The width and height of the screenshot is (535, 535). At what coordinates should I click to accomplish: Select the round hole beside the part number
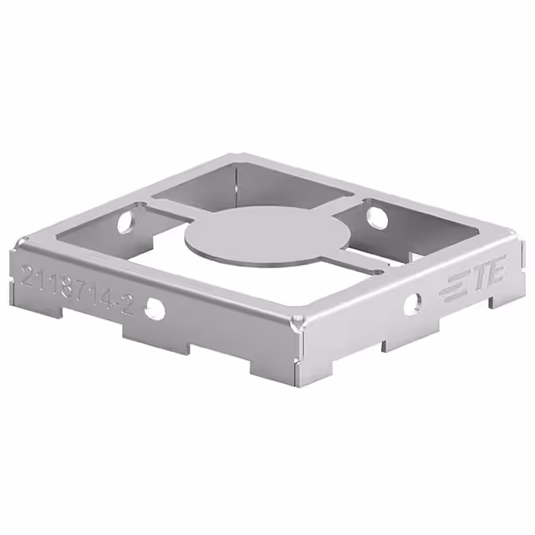155,308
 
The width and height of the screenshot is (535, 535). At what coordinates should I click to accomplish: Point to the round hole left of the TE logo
413,303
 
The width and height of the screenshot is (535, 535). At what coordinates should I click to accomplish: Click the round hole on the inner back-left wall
126,222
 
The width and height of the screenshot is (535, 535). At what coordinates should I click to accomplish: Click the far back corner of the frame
233,156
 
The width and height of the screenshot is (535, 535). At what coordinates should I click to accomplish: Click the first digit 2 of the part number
30,277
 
